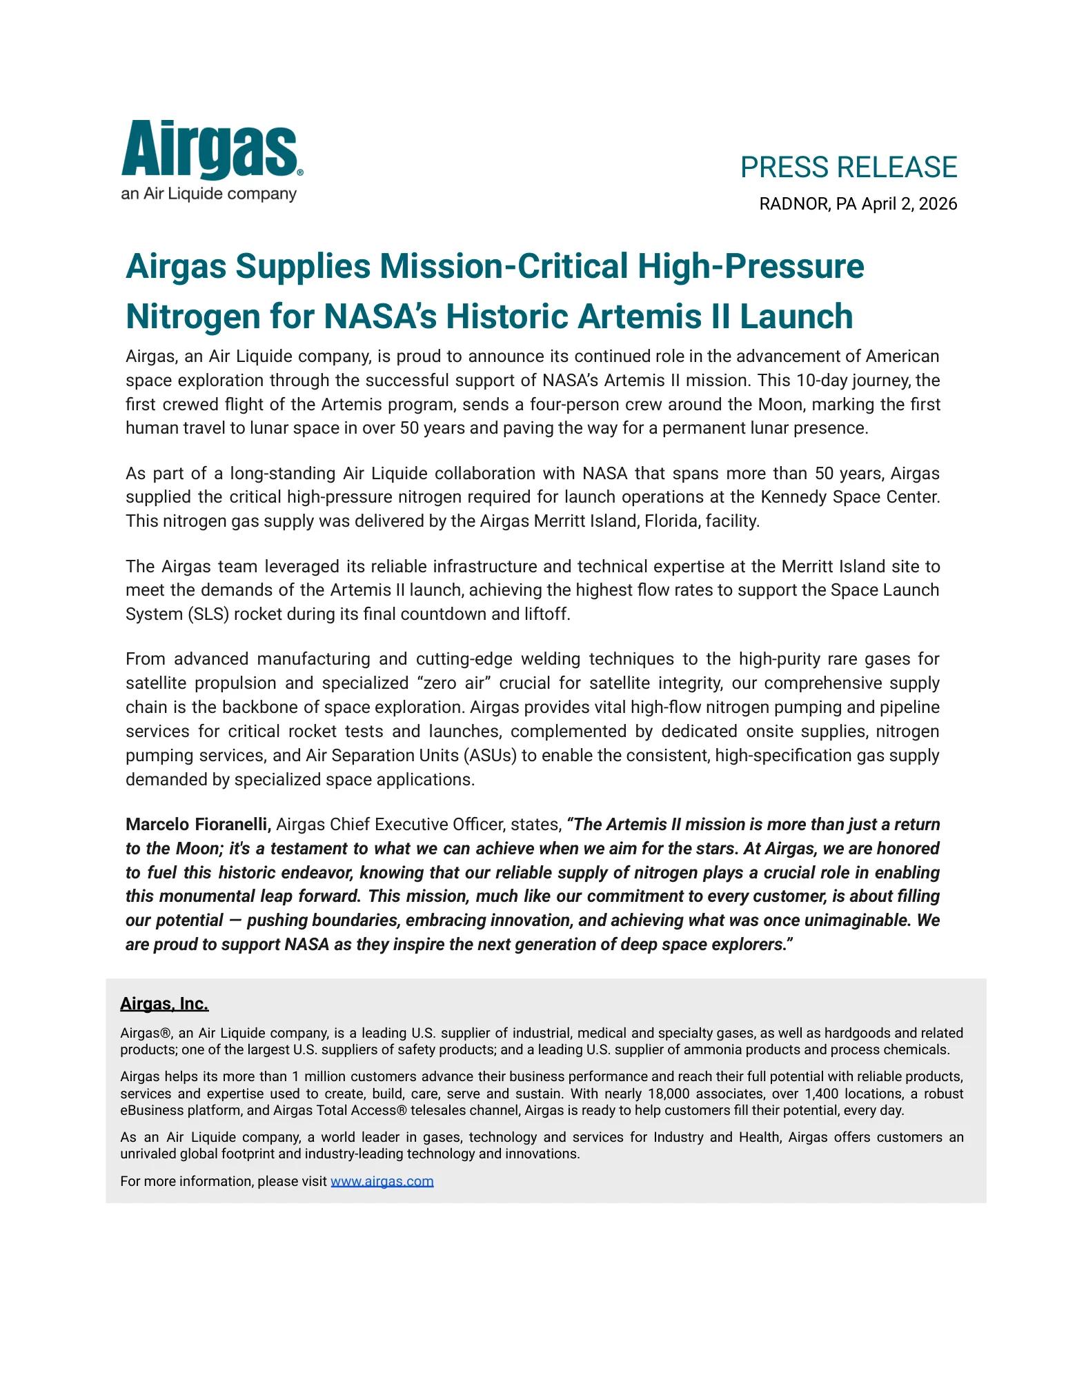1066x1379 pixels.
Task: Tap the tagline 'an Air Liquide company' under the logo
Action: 208,194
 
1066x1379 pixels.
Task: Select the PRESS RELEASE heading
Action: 848,168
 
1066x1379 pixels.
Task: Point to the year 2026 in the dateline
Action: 938,204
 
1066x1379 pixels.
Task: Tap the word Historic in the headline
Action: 507,317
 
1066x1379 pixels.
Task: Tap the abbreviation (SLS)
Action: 208,614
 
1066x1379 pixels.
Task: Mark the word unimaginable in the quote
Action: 863,920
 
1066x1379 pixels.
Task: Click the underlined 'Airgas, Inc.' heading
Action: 164,1004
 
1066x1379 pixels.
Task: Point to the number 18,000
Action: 673,1094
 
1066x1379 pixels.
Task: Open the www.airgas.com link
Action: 382,1182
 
